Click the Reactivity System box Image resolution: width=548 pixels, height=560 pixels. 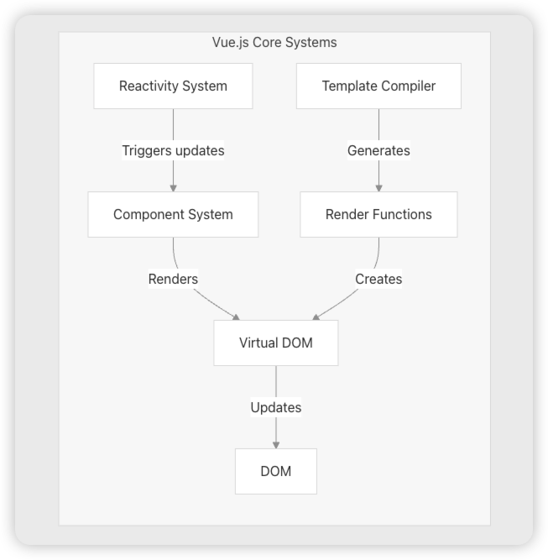[x=173, y=86]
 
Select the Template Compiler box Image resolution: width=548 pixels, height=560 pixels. [x=378, y=86]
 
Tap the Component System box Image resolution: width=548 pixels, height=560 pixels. [x=173, y=214]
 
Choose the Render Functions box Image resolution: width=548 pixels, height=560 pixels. [x=378, y=214]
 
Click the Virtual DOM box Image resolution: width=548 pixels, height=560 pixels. [x=275, y=343]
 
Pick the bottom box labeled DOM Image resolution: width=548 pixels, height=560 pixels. [x=275, y=471]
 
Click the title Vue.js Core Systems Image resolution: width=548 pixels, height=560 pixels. [x=274, y=42]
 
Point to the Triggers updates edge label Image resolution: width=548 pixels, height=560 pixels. [x=173, y=150]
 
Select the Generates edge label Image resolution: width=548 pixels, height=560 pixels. [x=378, y=150]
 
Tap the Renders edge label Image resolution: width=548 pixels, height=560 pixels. [x=173, y=279]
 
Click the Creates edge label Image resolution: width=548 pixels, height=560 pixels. [x=378, y=279]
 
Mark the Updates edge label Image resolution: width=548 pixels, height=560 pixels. [x=275, y=407]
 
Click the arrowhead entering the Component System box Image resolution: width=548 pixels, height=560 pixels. [x=173, y=187]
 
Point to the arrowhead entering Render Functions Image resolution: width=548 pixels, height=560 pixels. [x=378, y=187]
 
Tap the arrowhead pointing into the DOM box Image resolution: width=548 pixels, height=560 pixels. [x=275, y=444]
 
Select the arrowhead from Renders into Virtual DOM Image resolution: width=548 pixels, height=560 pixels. [x=237, y=317]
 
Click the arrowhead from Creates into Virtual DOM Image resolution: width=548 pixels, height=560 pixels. [x=316, y=317]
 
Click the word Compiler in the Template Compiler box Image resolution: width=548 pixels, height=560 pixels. [x=408, y=86]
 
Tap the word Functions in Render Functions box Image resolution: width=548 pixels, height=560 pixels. [x=402, y=214]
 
